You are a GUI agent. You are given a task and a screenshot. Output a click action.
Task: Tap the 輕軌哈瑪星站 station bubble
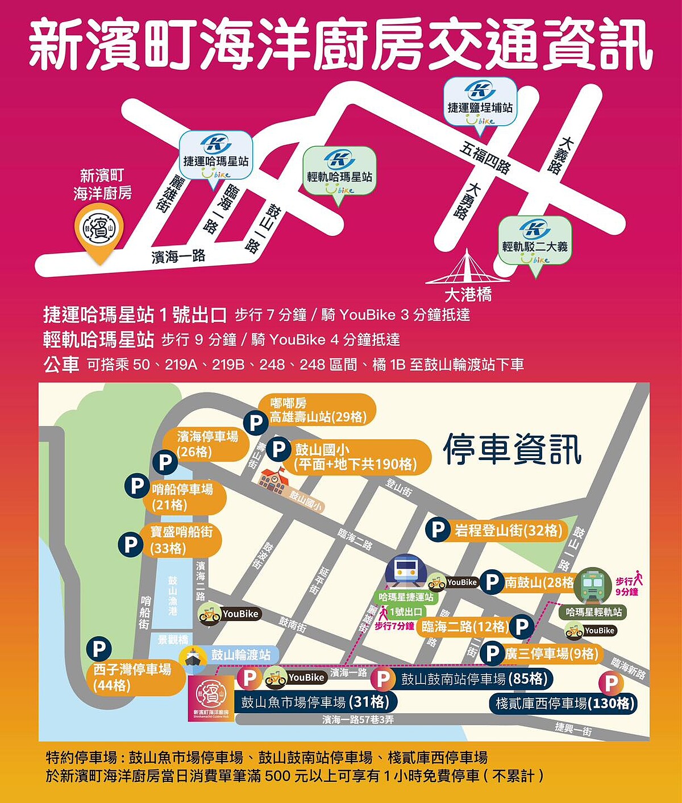339,170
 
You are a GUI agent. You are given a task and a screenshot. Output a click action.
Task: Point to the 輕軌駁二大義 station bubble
535,241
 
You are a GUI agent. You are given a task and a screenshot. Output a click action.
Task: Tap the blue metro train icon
406,570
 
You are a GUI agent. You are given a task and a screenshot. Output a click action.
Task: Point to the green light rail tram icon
592,584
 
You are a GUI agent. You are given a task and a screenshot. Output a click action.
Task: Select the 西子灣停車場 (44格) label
134,677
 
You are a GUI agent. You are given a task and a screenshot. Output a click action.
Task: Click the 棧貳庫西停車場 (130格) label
564,703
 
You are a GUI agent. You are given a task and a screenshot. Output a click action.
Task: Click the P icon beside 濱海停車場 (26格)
165,462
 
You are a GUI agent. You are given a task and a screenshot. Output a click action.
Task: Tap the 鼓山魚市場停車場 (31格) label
315,702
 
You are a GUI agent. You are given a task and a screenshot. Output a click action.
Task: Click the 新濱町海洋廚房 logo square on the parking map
210,698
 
